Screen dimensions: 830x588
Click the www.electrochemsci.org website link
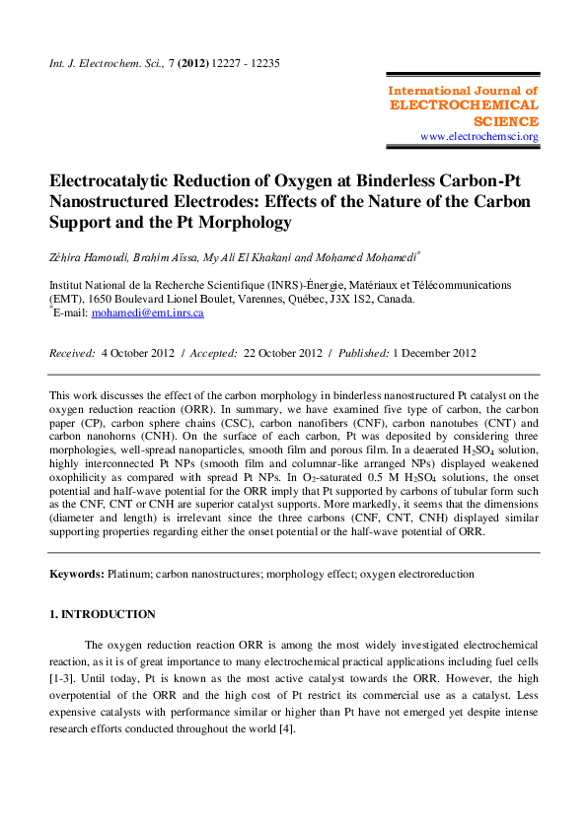(479, 136)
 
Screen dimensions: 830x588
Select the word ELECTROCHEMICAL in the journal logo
(465, 104)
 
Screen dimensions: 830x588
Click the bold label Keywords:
(76, 574)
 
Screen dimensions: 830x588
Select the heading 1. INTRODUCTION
(103, 614)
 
